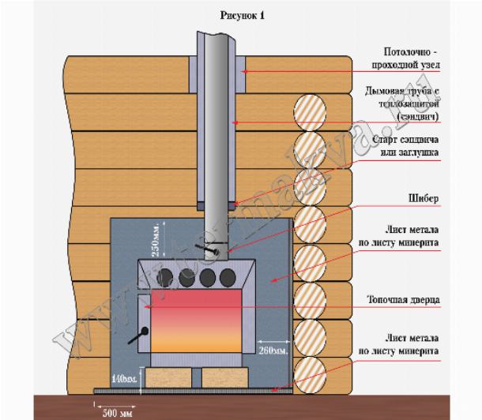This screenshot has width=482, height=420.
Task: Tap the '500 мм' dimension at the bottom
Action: point(115,412)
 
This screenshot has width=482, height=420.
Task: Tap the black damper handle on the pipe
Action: point(211,252)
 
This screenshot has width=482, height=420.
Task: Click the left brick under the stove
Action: point(166,377)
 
